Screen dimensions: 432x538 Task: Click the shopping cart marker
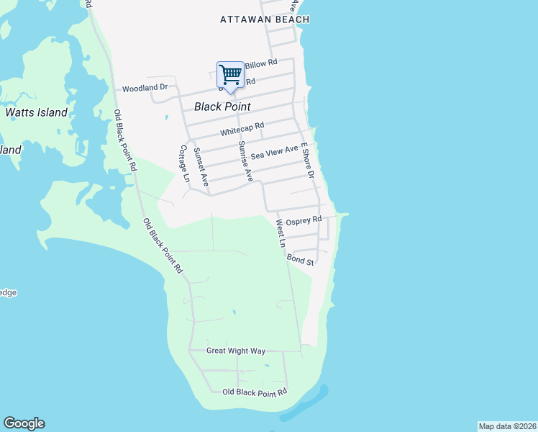click(230, 74)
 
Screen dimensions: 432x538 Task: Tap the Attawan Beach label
click(264, 20)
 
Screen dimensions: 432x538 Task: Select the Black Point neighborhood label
click(222, 107)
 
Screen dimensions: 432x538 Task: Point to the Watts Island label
click(36, 112)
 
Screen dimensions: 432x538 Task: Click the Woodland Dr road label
click(145, 88)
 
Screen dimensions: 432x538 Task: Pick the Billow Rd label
click(261, 64)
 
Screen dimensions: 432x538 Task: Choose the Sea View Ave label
click(274, 152)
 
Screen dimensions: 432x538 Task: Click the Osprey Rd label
click(303, 222)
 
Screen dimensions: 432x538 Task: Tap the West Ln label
click(281, 234)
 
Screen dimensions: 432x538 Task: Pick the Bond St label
click(301, 258)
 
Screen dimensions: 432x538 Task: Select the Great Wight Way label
click(236, 351)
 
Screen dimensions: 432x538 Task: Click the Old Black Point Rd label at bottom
click(255, 392)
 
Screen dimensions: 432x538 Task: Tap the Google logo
click(24, 423)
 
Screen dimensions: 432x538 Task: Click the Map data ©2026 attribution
click(507, 426)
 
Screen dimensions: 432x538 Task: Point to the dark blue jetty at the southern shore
click(306, 405)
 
